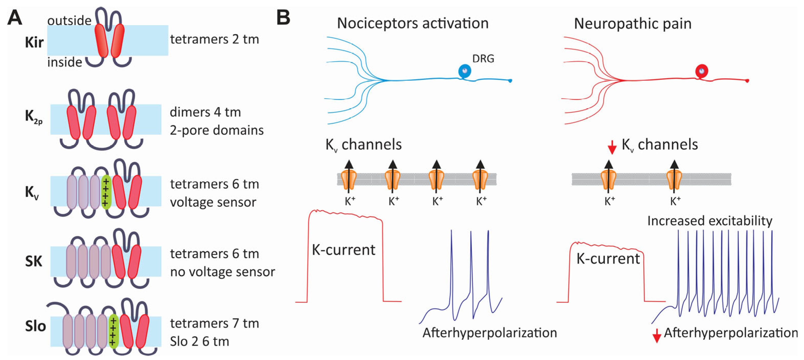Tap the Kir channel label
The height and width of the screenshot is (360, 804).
[34, 42]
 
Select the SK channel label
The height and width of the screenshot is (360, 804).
[33, 261]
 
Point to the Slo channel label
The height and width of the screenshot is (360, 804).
[35, 326]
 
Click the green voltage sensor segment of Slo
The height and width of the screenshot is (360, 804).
[113, 331]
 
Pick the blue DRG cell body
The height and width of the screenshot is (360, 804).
[464, 71]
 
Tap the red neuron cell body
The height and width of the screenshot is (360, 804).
[702, 71]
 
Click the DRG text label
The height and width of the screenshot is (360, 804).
[483, 58]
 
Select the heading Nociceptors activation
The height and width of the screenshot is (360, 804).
[413, 23]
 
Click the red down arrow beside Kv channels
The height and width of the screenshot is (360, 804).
[612, 147]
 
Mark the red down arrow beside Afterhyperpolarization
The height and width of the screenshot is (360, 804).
[657, 336]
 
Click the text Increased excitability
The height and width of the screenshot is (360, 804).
[710, 221]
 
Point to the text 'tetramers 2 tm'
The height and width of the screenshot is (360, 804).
[215, 39]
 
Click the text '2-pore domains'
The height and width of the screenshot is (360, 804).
[217, 130]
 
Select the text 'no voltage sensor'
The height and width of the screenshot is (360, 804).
[222, 272]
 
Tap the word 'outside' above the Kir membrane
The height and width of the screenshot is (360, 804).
[69, 21]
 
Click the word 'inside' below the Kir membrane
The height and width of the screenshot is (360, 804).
[65, 62]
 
